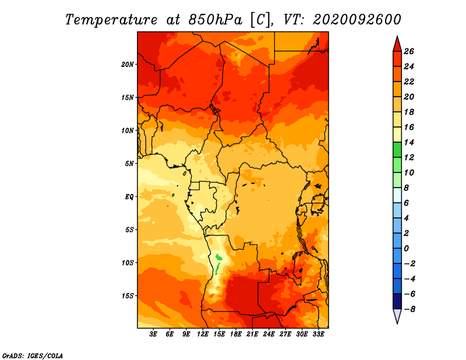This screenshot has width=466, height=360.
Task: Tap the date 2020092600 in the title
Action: tap(357, 19)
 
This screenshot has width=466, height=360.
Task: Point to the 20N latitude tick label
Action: tap(128, 64)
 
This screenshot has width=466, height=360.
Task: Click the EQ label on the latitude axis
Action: tap(129, 196)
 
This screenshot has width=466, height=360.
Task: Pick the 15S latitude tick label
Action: tap(128, 295)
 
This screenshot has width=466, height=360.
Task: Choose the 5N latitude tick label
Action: tap(129, 163)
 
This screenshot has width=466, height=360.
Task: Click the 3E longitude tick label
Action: tap(154, 334)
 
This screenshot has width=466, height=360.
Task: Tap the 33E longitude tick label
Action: tap(318, 334)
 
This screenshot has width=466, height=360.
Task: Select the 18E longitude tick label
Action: tap(236, 334)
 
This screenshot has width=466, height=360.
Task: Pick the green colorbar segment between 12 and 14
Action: tap(397, 150)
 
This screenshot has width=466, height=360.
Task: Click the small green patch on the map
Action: tap(219, 258)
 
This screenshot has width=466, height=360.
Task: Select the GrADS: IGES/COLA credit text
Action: tap(33, 355)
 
